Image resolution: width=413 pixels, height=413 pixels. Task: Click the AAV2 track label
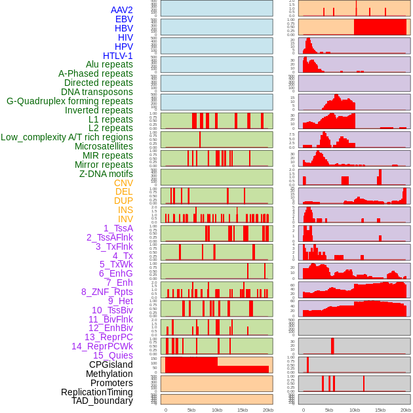click(121, 10)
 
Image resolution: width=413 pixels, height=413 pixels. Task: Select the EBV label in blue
click(123, 19)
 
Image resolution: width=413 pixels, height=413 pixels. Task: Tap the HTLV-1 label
click(117, 56)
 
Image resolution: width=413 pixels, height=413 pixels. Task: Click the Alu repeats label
click(109, 64)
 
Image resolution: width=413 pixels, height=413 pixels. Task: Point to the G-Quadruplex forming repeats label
click(69, 101)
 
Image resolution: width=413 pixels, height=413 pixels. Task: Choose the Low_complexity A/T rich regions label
click(67, 137)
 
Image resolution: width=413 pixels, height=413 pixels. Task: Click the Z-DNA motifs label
click(106, 174)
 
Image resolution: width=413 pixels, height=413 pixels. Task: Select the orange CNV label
click(123, 183)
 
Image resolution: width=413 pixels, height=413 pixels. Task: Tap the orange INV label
click(125, 219)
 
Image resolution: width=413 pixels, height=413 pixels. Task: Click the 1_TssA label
click(118, 228)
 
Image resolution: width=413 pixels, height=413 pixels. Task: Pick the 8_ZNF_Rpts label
click(107, 292)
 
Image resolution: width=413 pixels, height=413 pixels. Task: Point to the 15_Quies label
click(113, 355)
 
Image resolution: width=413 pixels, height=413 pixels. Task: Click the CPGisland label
click(111, 364)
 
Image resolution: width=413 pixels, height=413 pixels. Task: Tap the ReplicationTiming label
click(97, 392)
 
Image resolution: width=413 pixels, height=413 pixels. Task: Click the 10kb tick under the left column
click(217, 410)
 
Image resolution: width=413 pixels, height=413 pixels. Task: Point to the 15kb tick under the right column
click(380, 410)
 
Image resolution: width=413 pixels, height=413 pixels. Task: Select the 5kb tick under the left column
click(191, 410)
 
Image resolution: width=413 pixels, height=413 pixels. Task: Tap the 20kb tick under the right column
click(406, 410)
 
